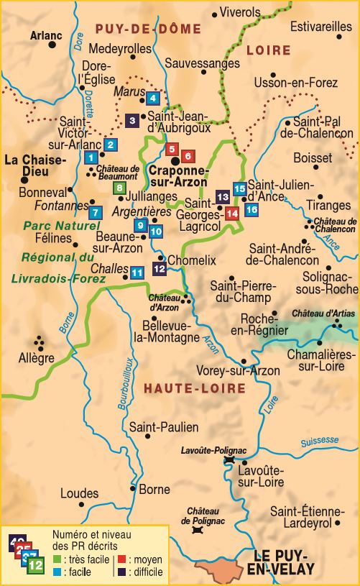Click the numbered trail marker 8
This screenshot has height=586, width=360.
coord(120,188)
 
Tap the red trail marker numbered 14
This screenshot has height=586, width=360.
coord(231,213)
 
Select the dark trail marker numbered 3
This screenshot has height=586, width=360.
coord(132,121)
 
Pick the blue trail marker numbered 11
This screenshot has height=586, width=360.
coord(137,273)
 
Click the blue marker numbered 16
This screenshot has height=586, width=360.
coord(251,209)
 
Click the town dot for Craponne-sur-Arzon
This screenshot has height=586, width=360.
coord(175,162)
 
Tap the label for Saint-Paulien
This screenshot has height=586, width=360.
coord(164,427)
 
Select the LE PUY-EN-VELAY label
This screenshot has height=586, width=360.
coord(285,563)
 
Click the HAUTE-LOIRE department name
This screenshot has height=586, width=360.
coord(194,389)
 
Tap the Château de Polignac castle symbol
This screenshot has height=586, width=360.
coord(197,530)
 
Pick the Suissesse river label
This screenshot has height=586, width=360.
coord(320,441)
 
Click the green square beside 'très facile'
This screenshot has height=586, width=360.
coord(57,559)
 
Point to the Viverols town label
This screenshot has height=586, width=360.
coord(239,13)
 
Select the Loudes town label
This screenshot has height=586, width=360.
coord(79,494)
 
